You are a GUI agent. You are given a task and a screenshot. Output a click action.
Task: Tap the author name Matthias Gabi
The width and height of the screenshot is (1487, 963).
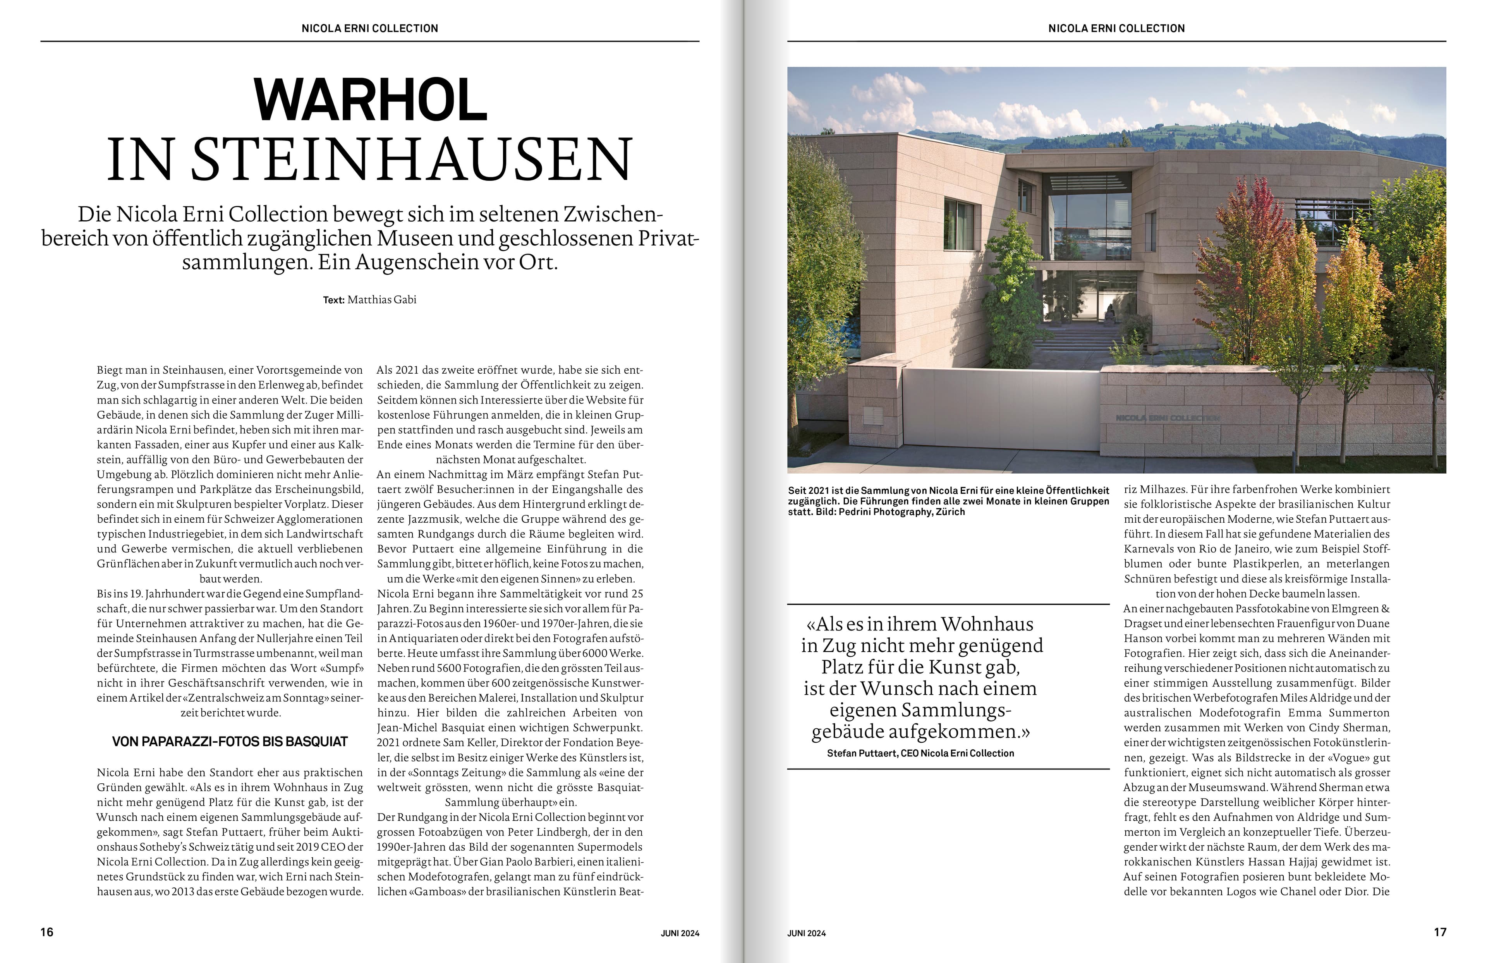(x=382, y=300)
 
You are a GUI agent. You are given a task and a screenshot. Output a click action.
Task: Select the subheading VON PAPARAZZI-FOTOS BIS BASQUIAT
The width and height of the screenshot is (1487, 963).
(x=230, y=742)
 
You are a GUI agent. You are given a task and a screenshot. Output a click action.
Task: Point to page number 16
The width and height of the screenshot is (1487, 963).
(x=47, y=932)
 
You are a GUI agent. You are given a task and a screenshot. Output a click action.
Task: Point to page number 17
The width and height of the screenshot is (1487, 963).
(x=1439, y=932)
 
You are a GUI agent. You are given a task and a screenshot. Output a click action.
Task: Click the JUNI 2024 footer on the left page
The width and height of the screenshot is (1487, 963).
(x=680, y=933)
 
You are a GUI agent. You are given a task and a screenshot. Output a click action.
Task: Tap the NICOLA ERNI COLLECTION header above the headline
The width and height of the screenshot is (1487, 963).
(x=370, y=28)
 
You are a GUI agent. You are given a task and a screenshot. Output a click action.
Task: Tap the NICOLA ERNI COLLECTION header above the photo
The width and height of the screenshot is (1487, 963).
(x=1116, y=28)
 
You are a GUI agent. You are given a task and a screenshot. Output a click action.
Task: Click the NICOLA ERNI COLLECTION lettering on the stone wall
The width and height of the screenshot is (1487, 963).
(x=1167, y=417)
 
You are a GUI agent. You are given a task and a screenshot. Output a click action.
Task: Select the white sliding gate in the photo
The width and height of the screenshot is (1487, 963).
(x=1000, y=409)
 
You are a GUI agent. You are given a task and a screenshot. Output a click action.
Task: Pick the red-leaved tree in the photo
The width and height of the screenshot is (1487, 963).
(x=1243, y=250)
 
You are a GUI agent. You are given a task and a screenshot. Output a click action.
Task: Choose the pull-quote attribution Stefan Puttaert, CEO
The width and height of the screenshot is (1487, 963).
(x=920, y=753)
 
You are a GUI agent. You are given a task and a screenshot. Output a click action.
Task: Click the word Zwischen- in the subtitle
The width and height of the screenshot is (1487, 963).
(x=613, y=215)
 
